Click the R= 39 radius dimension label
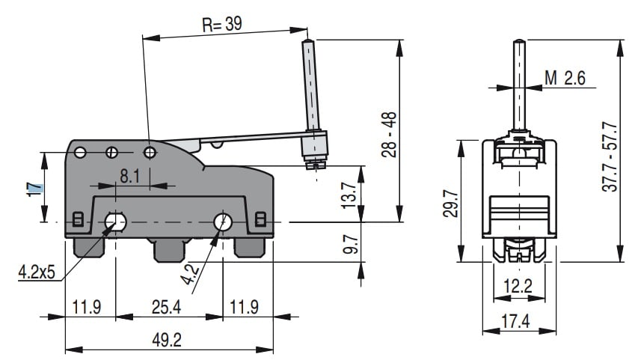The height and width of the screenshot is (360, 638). point(221,24)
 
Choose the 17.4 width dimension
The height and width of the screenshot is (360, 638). point(515,322)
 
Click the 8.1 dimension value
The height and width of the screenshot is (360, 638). point(130,177)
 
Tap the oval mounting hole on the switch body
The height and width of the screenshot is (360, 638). point(115,222)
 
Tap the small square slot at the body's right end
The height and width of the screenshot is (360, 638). point(260,219)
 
